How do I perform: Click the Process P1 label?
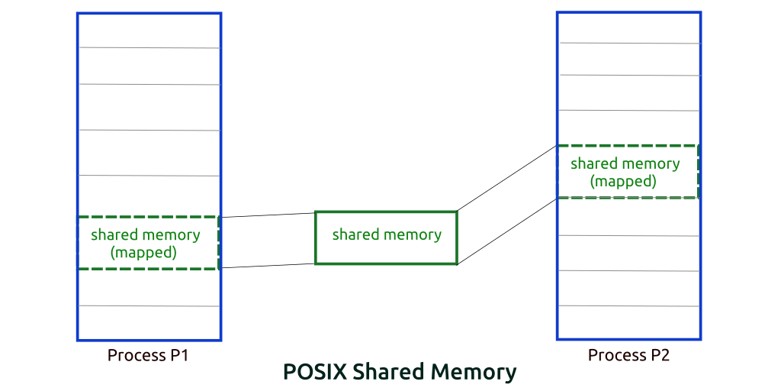(x=148, y=356)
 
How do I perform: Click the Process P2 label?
(x=628, y=356)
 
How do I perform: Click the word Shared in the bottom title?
(x=385, y=373)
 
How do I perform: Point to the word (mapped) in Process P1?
(x=143, y=252)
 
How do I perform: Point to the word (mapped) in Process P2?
(x=622, y=182)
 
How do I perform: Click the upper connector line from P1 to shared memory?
(x=268, y=215)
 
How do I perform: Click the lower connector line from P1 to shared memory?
(x=268, y=266)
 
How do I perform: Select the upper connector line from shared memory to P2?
(x=507, y=178)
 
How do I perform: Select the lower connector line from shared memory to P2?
(x=507, y=231)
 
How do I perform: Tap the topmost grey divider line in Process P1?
(x=149, y=48)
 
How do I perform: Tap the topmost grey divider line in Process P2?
(x=629, y=44)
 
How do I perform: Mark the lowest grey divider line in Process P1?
(x=149, y=305)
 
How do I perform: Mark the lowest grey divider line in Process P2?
(x=629, y=305)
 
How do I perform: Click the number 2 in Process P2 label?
(x=664, y=356)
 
